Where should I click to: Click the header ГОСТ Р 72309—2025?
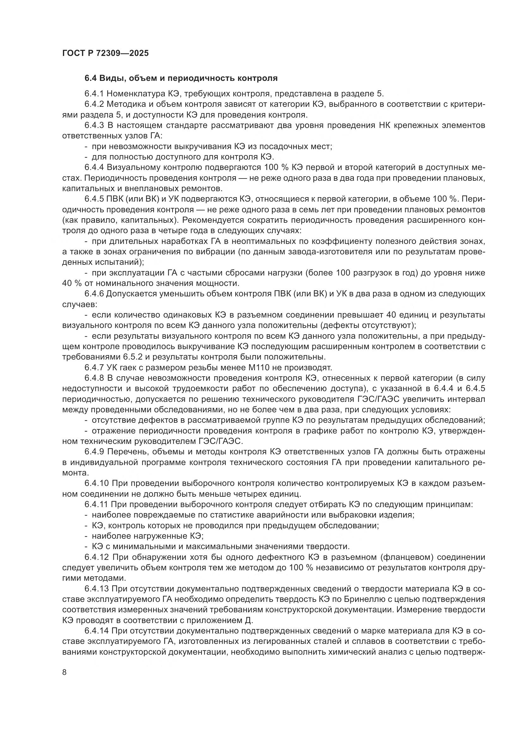tap(105, 53)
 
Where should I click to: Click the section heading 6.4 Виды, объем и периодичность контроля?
tap(181, 78)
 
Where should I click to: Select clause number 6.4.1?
tap(94, 94)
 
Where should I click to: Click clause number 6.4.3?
tap(94, 125)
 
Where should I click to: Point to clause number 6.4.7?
tap(94, 367)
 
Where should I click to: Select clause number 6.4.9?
tap(94, 452)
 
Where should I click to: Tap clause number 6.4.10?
tap(96, 483)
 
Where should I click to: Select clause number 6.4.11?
tap(96, 504)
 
